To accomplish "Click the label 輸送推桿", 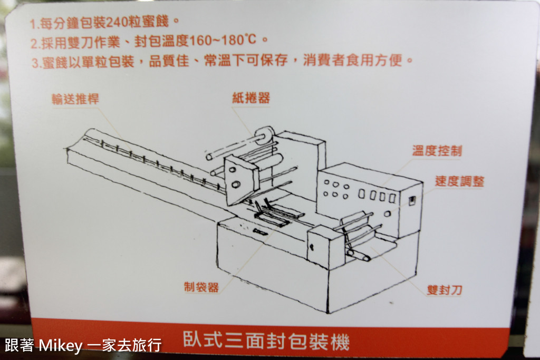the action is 75,99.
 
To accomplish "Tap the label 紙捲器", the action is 251,98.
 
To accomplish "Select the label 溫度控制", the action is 437,150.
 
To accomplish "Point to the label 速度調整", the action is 459,181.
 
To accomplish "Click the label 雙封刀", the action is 444,290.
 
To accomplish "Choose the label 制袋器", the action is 201,287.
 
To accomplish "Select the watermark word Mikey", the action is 61,345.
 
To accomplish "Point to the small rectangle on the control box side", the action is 412,201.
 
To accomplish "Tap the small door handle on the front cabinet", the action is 311,247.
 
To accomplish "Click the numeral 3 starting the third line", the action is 35,63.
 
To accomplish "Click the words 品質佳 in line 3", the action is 169,61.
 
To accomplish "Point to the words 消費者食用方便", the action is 352,60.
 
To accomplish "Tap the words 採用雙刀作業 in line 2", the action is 81,42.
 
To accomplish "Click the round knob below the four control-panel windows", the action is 387,213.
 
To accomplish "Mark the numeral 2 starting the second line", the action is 34,44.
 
